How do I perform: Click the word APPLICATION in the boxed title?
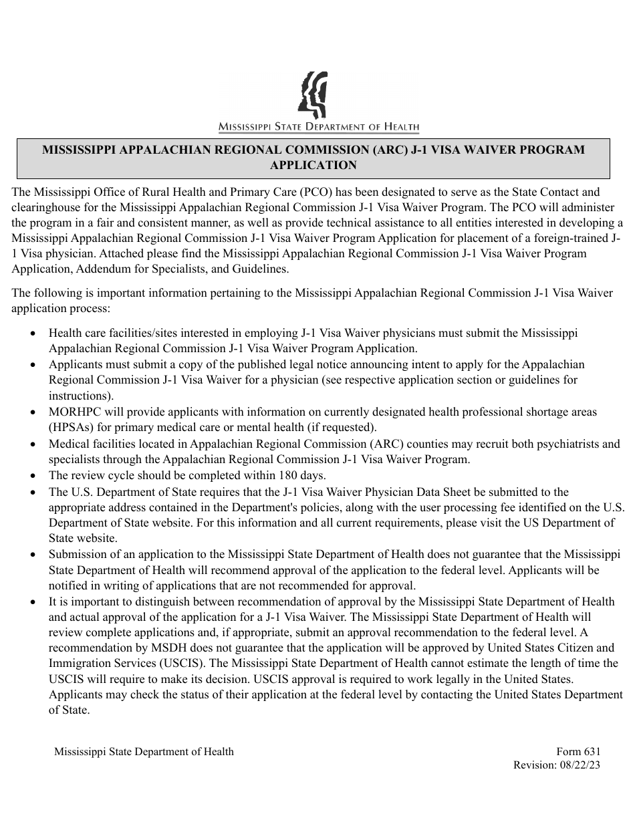click(x=313, y=165)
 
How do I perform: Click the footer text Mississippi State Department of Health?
click(x=144, y=751)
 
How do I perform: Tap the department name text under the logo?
click(x=318, y=127)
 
